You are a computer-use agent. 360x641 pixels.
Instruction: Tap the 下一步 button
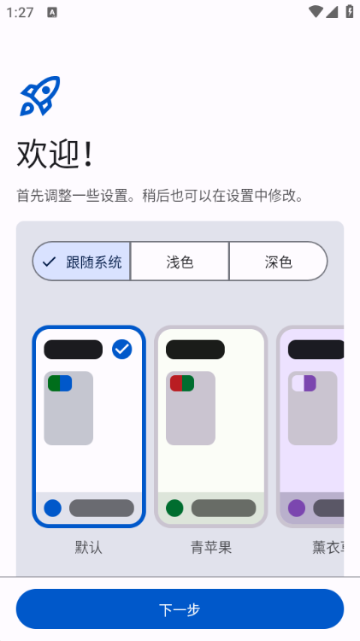click(x=180, y=609)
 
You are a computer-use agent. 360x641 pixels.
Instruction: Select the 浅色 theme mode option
click(x=180, y=262)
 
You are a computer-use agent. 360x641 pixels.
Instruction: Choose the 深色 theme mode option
click(x=278, y=262)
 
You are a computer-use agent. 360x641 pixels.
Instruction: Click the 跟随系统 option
click(x=82, y=262)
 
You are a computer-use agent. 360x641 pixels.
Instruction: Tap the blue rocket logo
click(x=40, y=96)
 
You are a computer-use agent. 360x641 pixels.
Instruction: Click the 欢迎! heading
click(x=55, y=155)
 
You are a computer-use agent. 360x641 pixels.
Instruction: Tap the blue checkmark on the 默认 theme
click(x=122, y=349)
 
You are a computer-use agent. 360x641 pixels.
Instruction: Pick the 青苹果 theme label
click(x=211, y=547)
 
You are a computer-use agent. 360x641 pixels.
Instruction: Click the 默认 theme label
click(x=89, y=547)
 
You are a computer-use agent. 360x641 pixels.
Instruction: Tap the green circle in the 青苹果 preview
click(x=174, y=508)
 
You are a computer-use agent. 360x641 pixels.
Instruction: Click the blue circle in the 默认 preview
click(x=53, y=508)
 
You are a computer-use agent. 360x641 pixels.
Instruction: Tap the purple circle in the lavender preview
click(x=297, y=508)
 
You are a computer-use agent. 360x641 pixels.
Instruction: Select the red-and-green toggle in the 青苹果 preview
click(x=182, y=383)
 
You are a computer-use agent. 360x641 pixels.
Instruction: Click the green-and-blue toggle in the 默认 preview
click(x=60, y=383)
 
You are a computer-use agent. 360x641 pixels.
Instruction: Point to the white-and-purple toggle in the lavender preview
click(x=304, y=383)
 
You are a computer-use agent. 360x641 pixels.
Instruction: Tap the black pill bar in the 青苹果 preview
click(x=195, y=350)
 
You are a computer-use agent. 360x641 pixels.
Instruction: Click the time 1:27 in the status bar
click(x=20, y=13)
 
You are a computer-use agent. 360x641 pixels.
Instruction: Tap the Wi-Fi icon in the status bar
click(x=316, y=13)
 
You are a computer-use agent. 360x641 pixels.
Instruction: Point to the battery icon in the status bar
click(x=349, y=13)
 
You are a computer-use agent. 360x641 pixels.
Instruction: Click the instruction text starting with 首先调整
click(x=161, y=196)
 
